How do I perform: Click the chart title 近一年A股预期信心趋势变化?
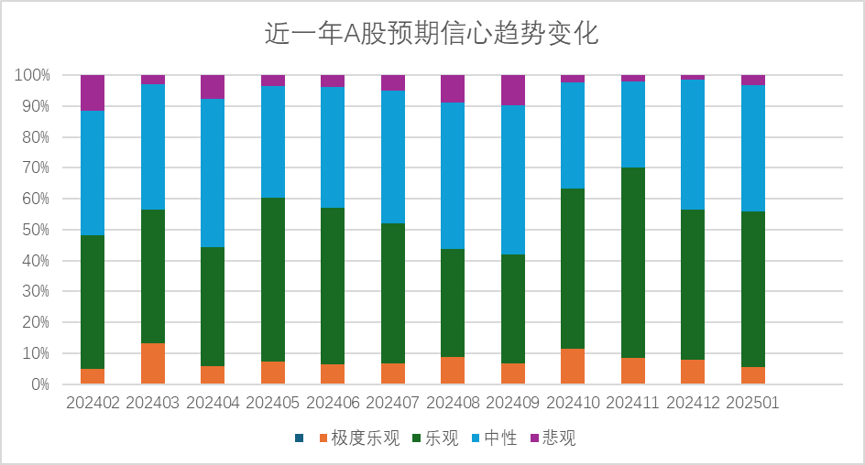pyautogui.click(x=432, y=34)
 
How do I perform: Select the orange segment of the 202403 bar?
pyautogui.click(x=152, y=363)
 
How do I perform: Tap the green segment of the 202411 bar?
pyautogui.click(x=633, y=263)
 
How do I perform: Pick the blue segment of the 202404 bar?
pyautogui.click(x=213, y=173)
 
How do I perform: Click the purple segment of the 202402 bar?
pyautogui.click(x=93, y=92)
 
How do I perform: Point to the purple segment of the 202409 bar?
pyautogui.click(x=513, y=90)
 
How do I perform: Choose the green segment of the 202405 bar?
pyautogui.click(x=273, y=279)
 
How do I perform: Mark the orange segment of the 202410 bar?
pyautogui.click(x=573, y=366)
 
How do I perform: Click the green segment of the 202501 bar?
pyautogui.click(x=753, y=289)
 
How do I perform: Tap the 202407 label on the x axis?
pyautogui.click(x=392, y=403)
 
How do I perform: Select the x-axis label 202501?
pyautogui.click(x=752, y=403)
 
